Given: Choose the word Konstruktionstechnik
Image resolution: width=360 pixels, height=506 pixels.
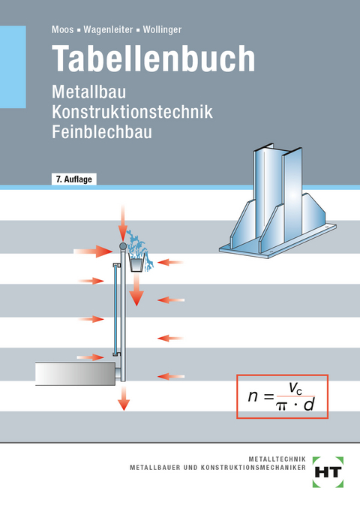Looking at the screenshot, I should (x=132, y=113).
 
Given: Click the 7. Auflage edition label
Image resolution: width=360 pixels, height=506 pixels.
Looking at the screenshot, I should (x=76, y=179).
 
